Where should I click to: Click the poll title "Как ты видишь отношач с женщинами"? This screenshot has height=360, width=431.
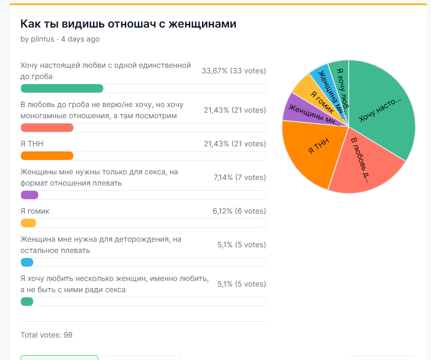(x=128, y=24)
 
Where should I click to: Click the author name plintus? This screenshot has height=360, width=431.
(x=42, y=39)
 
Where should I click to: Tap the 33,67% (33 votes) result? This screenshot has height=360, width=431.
(x=233, y=71)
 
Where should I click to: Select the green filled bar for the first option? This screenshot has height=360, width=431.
(x=62, y=88)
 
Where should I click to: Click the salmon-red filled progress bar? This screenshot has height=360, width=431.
(x=47, y=128)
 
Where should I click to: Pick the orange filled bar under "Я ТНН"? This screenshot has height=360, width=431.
(x=47, y=156)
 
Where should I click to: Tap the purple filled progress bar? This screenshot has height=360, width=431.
(x=29, y=195)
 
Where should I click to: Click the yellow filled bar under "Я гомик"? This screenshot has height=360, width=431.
(x=28, y=223)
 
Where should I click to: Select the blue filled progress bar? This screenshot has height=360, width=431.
(x=27, y=262)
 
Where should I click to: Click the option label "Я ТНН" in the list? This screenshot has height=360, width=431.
(x=32, y=144)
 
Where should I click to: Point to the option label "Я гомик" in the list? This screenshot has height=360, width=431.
(x=35, y=211)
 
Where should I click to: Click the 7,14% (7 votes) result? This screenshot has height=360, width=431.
(x=239, y=178)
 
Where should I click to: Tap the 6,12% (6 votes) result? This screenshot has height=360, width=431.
(x=239, y=211)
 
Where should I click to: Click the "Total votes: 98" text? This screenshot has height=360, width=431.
(x=46, y=335)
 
